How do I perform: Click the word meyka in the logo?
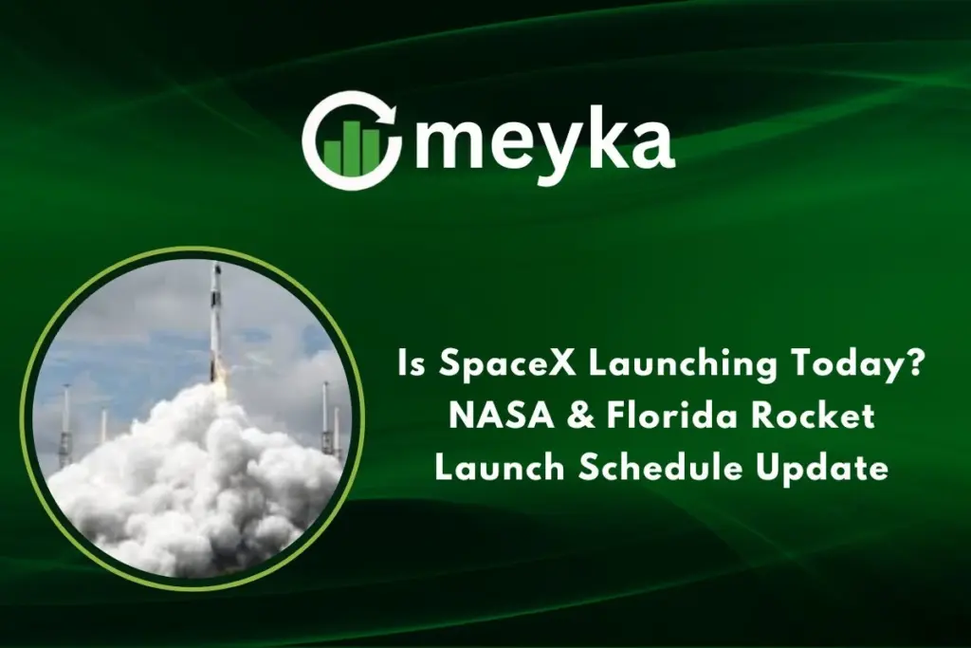(544, 141)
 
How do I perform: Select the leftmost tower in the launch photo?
(65, 427)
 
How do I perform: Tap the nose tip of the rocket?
(216, 266)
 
